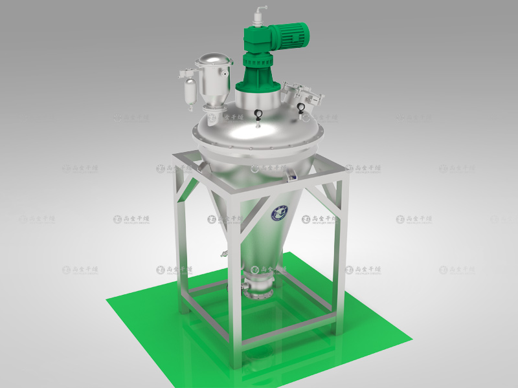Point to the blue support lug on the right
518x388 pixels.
tap(292, 173)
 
